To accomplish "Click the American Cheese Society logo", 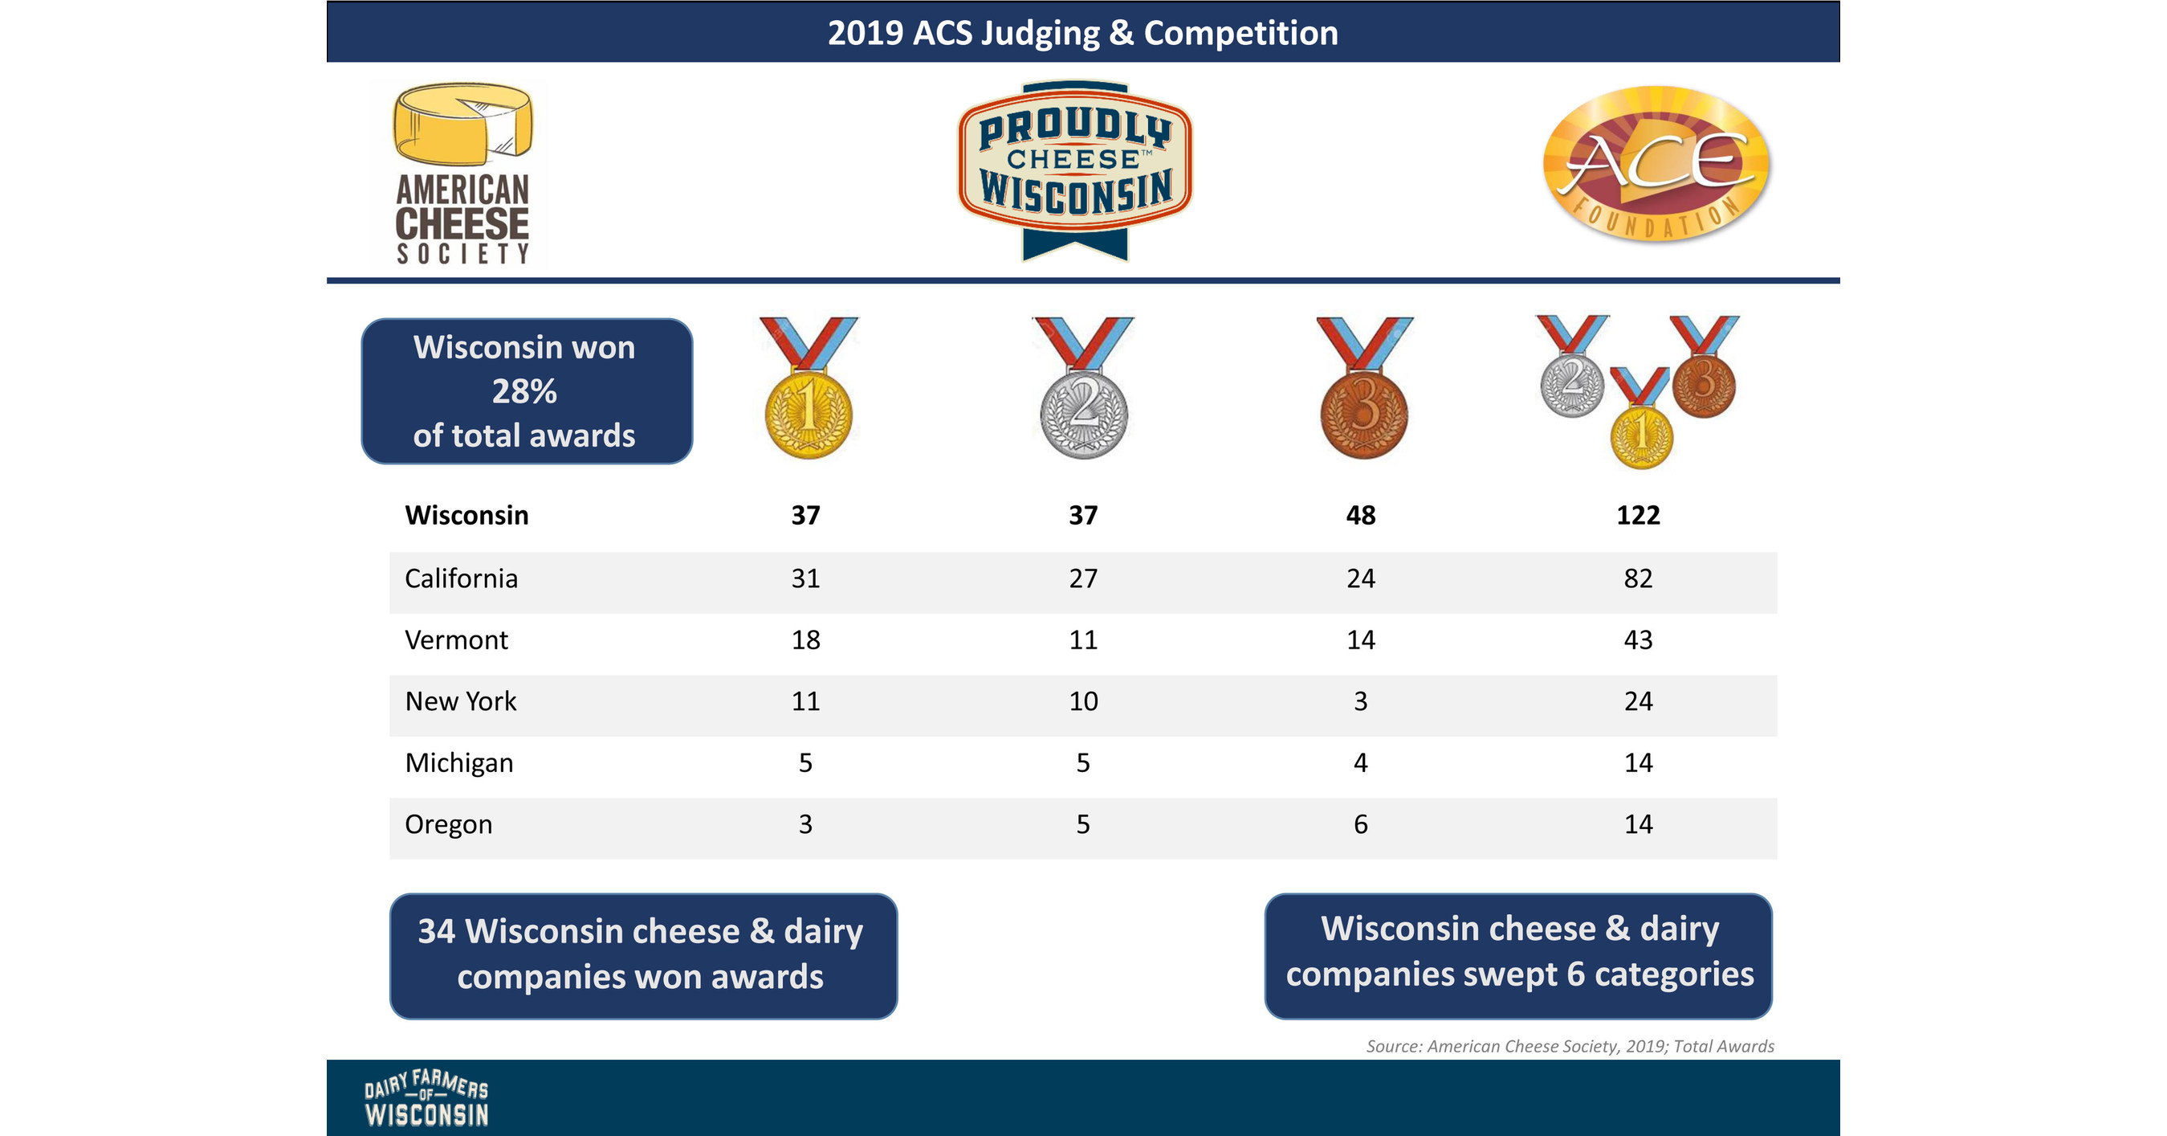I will point(462,174).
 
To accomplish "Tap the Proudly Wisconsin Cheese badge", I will point(1075,168).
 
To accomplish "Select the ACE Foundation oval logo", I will point(1656,165).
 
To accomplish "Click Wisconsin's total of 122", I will point(1638,515).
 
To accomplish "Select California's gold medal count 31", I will point(805,579).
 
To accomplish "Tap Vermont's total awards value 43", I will point(1638,640).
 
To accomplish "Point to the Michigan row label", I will point(459,763).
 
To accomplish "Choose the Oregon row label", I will point(448,824).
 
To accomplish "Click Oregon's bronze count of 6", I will point(1360,824).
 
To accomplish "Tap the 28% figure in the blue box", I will point(524,392).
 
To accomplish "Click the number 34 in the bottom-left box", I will point(437,931).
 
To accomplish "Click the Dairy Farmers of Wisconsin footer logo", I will point(426,1099).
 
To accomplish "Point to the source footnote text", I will point(1570,1046).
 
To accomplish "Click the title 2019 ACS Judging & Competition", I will point(1082,33).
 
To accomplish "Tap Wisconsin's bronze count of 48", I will point(1360,515).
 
